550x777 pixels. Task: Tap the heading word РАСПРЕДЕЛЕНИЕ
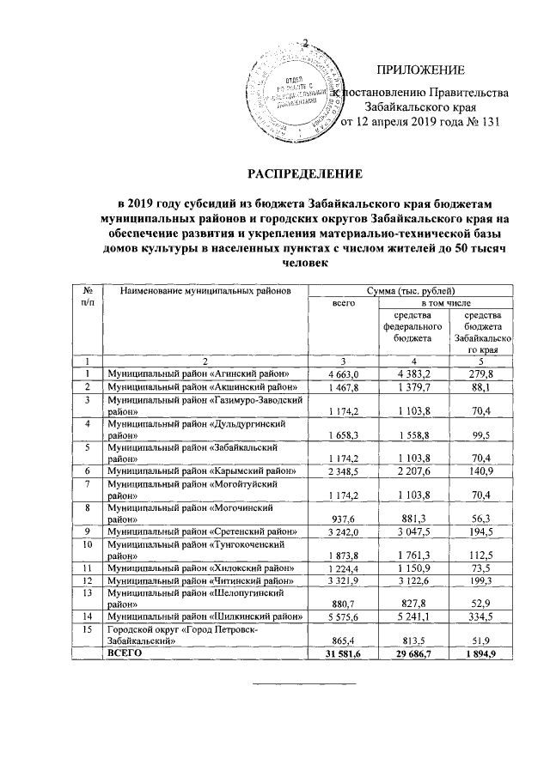[x=306, y=173]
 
